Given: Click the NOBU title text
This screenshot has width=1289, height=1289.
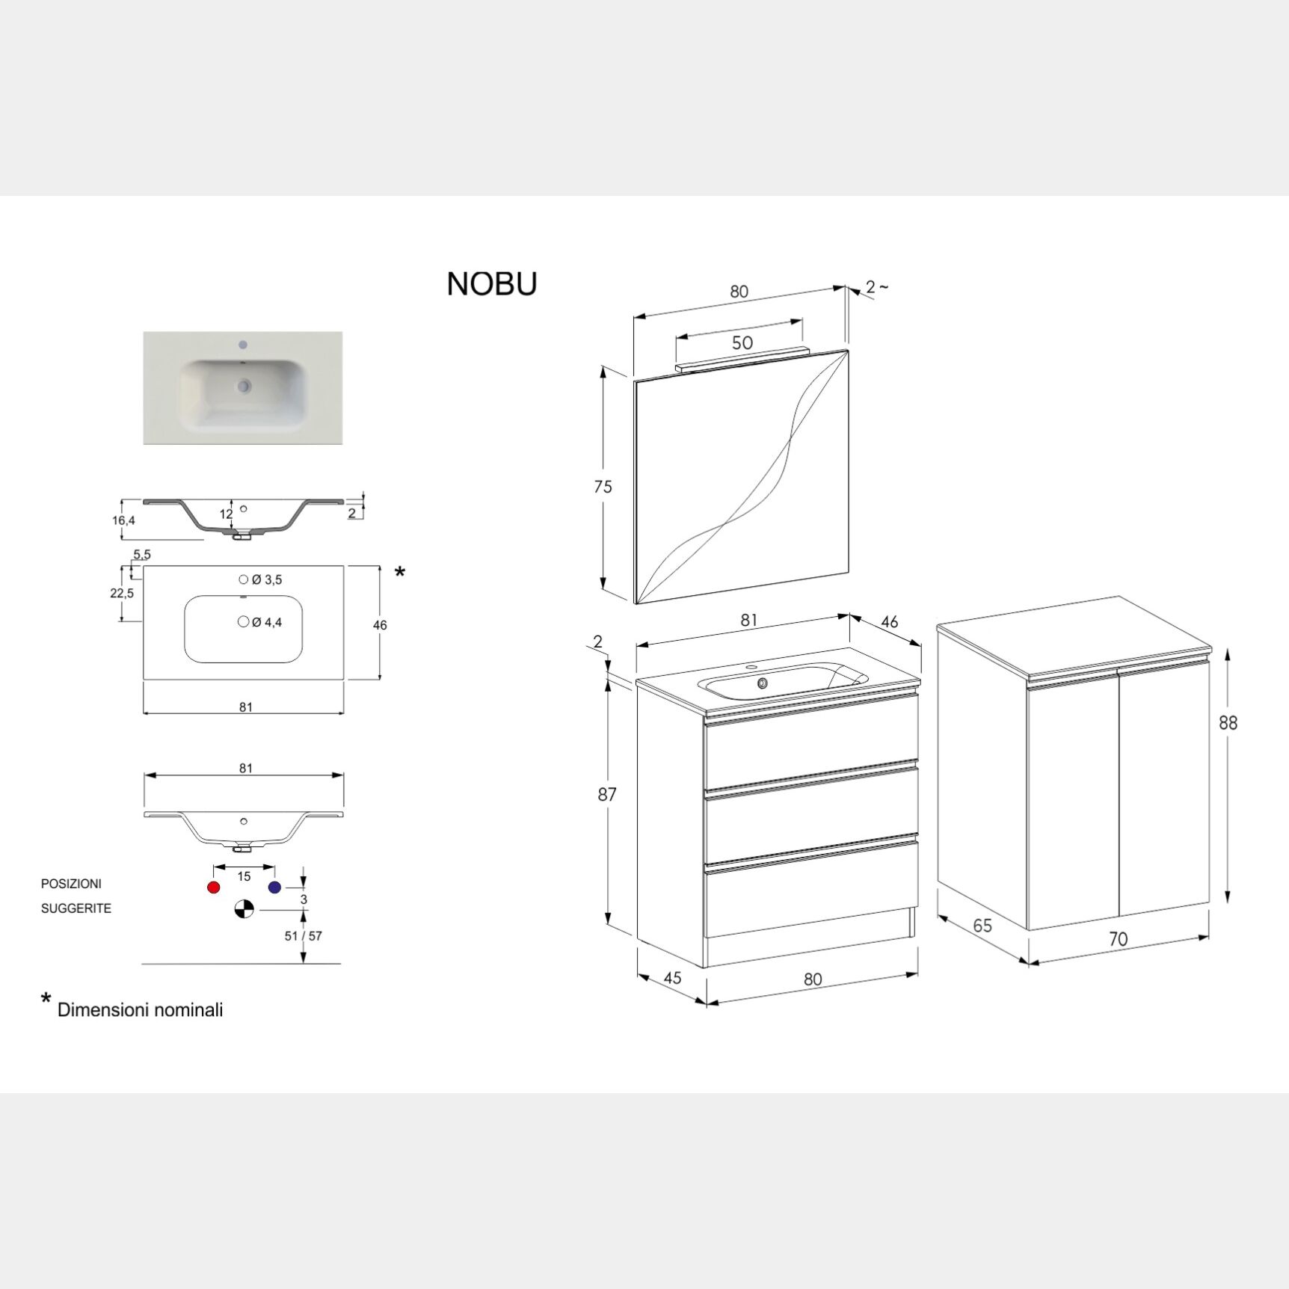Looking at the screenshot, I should (492, 284).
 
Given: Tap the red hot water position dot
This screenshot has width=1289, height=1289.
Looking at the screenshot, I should (214, 887).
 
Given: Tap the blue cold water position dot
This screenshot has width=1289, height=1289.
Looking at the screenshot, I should (274, 887).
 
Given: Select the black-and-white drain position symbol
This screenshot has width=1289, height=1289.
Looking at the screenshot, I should (244, 909).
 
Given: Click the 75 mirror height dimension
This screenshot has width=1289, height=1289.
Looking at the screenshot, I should (603, 487).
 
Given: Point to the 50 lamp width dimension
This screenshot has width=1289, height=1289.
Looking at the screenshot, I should (742, 343).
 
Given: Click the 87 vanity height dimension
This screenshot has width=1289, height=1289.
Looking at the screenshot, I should (606, 794).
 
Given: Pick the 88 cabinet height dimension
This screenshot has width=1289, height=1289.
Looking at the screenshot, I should (1228, 723).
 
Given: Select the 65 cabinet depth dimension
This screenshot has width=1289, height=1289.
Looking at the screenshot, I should (982, 926).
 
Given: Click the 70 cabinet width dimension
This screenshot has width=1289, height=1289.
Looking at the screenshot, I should (1118, 939).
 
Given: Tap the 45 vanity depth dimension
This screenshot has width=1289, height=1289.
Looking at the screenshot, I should (672, 978).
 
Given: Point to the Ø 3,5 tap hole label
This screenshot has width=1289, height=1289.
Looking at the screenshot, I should (267, 579).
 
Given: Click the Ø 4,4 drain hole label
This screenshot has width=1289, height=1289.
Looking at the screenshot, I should (267, 622).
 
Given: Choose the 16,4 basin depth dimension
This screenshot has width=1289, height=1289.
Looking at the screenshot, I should (124, 520).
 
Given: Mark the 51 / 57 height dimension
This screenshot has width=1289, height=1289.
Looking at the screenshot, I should (304, 936).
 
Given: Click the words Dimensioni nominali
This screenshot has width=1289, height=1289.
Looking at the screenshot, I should (140, 1010).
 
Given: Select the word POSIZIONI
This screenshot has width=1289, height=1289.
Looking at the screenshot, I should (71, 884).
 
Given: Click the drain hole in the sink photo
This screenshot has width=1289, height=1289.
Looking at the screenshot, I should (243, 387).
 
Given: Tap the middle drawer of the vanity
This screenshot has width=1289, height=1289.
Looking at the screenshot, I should (811, 815).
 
